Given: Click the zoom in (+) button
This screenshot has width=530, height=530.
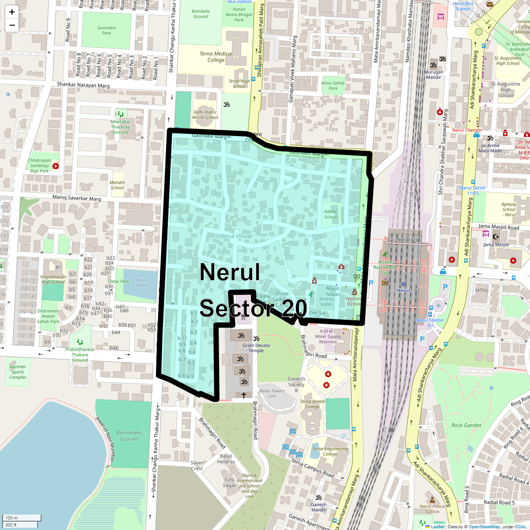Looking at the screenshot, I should (x=12, y=12).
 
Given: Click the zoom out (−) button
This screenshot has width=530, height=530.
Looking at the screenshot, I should (x=12, y=25).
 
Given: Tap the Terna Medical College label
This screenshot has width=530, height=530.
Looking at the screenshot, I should (x=216, y=57).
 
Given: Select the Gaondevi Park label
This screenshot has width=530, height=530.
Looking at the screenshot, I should (x=106, y=30).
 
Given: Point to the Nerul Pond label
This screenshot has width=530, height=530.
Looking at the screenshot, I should (x=141, y=282).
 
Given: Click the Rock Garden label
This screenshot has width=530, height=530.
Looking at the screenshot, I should (x=466, y=425).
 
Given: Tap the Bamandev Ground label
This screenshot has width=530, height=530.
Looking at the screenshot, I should (x=129, y=435).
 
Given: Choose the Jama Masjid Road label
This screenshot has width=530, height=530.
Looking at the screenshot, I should (x=499, y=227).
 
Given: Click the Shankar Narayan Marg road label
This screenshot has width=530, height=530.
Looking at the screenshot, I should (x=83, y=85).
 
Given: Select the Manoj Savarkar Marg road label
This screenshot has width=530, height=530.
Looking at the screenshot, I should (x=77, y=198).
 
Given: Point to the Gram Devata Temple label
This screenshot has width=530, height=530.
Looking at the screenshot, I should (x=256, y=348).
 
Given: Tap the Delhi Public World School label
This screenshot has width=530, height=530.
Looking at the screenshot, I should (x=205, y=115).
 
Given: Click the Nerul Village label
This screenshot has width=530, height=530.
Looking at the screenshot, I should (x=237, y=236).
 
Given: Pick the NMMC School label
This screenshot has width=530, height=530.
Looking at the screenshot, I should (x=331, y=214).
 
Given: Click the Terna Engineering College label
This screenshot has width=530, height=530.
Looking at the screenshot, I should (x=330, y=451).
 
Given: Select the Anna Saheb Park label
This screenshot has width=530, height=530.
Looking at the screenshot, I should (x=333, y=85).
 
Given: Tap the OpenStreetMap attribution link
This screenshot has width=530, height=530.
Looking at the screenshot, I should (x=484, y=526).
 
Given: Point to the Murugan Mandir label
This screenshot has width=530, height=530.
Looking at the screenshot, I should (x=434, y=74).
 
